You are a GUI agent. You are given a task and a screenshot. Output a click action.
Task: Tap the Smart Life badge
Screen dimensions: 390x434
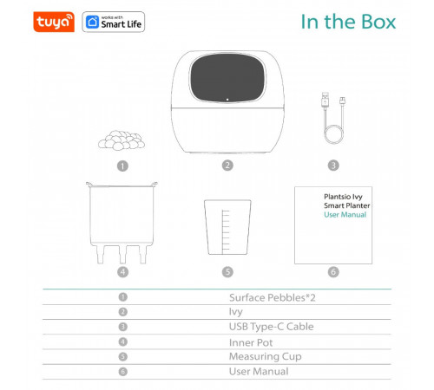click(114, 21)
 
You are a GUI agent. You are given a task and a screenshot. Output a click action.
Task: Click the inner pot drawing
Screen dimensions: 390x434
click(122, 222)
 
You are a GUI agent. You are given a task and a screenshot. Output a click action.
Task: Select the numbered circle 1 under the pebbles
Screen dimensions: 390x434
click(122, 165)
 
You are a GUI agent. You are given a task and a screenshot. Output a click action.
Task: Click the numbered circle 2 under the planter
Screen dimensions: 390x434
click(227, 165)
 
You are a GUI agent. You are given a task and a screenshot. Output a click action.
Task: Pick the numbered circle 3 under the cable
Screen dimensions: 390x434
click(333, 165)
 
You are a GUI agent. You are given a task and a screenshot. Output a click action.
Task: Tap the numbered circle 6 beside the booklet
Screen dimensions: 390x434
click(333, 271)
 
